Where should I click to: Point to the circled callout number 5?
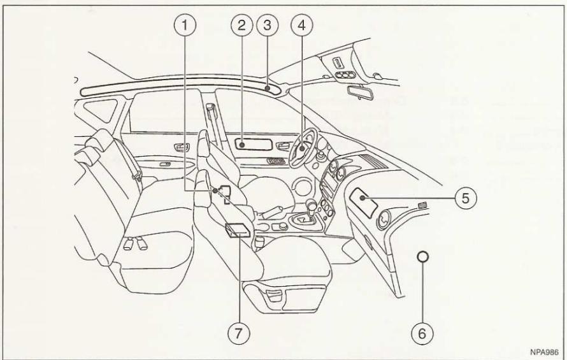[467, 198]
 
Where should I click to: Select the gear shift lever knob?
[312, 205]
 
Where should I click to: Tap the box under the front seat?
[237, 230]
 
